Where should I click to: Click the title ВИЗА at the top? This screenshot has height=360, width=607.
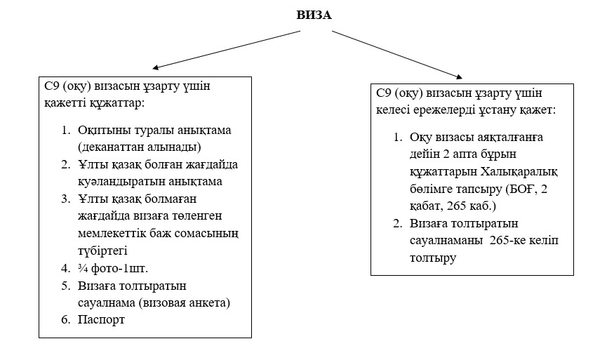click(314, 15)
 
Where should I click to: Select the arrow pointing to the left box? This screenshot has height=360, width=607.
click(227, 50)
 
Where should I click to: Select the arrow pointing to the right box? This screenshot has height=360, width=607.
click(397, 55)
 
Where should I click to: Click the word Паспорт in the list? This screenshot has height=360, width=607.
click(101, 320)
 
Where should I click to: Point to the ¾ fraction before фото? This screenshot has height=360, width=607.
click(83, 268)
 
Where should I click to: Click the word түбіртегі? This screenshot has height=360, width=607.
click(102, 251)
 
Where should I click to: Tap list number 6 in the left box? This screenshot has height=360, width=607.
click(66, 319)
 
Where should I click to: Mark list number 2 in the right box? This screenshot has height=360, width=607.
click(398, 223)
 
